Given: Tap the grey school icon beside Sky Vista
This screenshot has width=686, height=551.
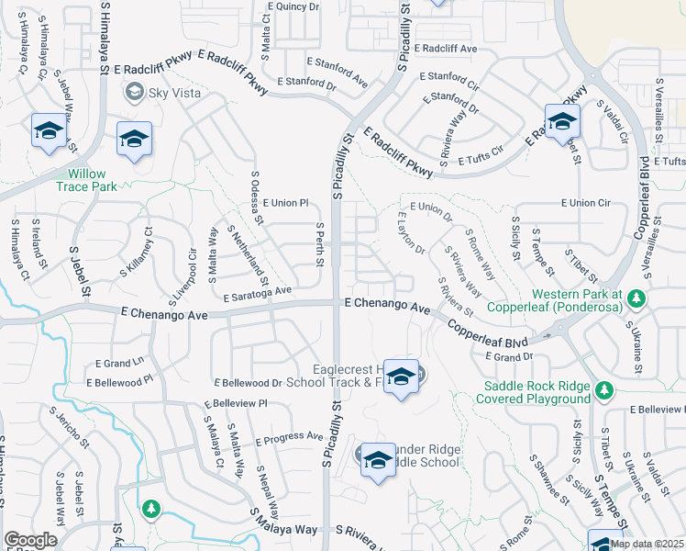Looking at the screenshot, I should click(x=135, y=91).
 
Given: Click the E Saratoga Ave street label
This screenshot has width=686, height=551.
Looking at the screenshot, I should click(x=257, y=293).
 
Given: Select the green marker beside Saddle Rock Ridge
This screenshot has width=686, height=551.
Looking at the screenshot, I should click(x=603, y=391).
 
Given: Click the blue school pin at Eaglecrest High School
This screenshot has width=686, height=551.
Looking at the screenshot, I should click(x=401, y=377).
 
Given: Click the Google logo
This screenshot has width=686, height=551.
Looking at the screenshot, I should click(x=30, y=539).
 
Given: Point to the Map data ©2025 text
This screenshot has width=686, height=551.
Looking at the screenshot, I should click(x=647, y=544).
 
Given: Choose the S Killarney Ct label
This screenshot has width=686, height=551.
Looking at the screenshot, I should click(x=135, y=253).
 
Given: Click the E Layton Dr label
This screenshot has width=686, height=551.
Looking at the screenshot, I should click(x=411, y=235).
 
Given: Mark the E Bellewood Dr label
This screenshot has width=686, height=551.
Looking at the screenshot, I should click(x=248, y=382).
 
